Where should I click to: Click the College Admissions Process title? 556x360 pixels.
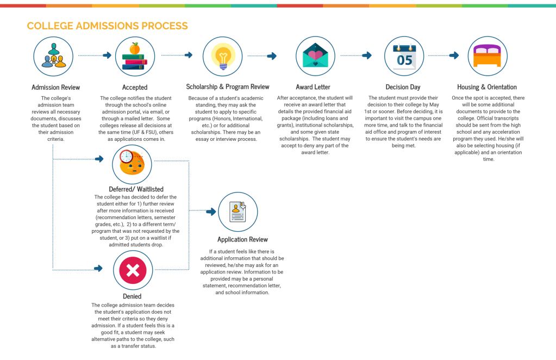107,26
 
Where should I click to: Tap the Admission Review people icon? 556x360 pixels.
53,56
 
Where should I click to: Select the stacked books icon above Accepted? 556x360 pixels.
135,56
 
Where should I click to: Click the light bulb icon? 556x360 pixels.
223,56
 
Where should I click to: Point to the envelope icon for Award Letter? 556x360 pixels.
315,56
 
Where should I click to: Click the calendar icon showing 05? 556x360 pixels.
404,56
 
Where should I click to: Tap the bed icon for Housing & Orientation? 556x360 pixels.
487,56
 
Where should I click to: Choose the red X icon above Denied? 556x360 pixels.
133,270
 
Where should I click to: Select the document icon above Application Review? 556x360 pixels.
238,212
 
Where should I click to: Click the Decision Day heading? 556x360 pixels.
403,87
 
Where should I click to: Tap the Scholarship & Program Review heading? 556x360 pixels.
228,87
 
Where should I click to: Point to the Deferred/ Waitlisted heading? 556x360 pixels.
136,189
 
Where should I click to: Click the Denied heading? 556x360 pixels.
132,296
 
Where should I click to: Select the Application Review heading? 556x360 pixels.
242,239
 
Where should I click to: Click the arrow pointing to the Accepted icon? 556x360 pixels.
107,55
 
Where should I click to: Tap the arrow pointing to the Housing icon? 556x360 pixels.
455,55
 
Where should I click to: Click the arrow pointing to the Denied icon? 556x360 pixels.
98,268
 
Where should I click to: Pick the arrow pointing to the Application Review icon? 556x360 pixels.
209,211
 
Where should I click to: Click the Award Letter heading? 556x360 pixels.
313,87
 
